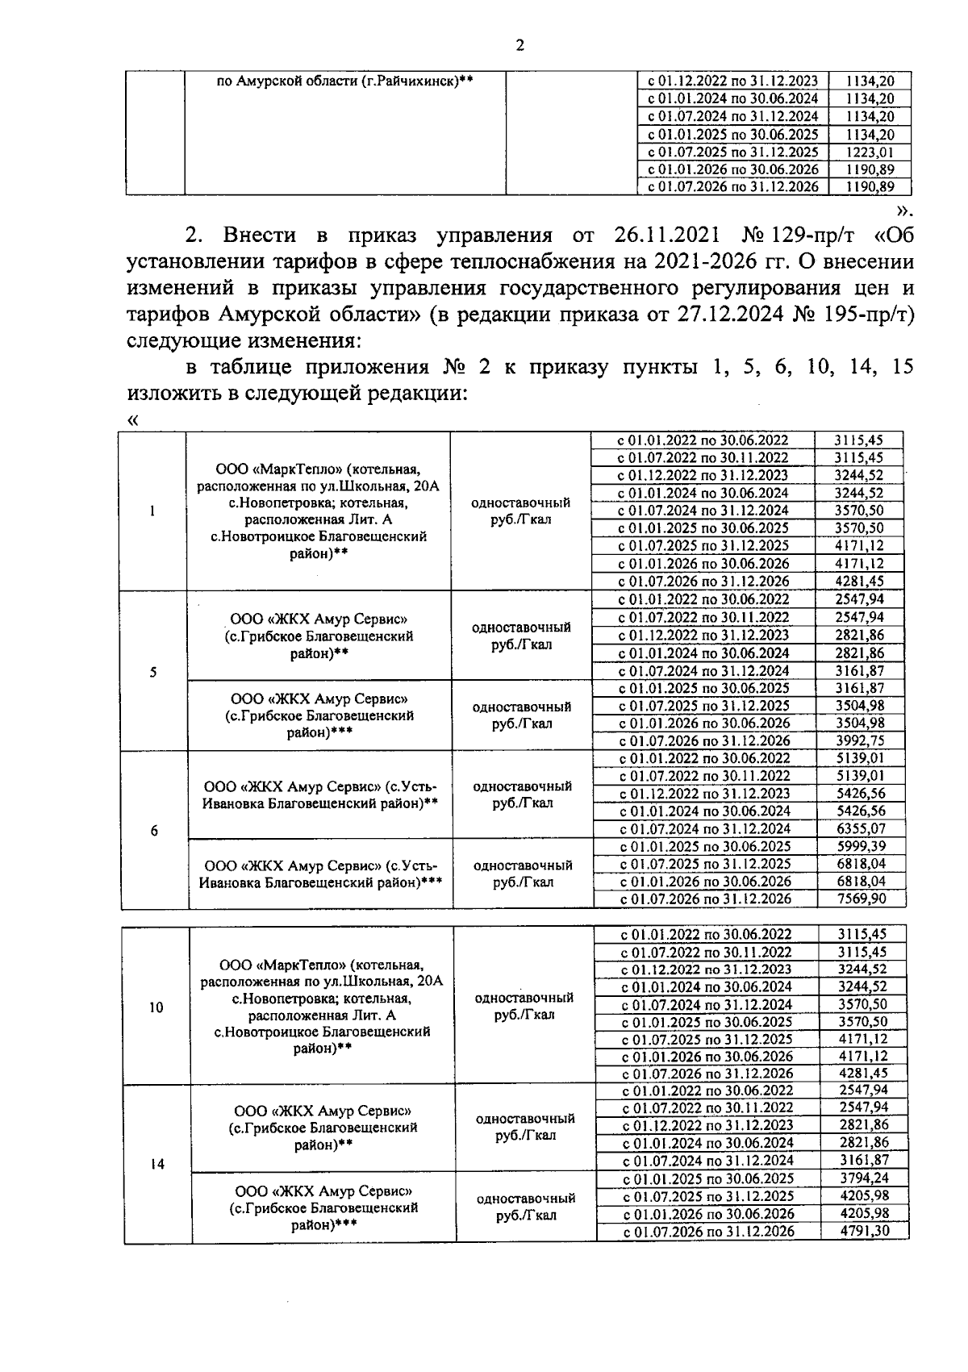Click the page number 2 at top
point(519,45)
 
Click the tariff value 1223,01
point(870,152)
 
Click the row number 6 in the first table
point(154,831)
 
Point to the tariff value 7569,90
point(861,899)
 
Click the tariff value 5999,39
point(861,846)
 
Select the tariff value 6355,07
point(861,828)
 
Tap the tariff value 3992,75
point(859,740)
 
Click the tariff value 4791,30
point(863,1231)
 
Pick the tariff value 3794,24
point(863,1178)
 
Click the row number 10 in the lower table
point(156,1007)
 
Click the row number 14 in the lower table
point(157,1164)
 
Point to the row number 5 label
point(152,673)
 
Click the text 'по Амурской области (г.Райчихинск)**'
point(345,81)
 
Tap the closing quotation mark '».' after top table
point(904,211)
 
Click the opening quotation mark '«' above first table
point(133,419)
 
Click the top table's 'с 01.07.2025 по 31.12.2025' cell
point(733,152)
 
